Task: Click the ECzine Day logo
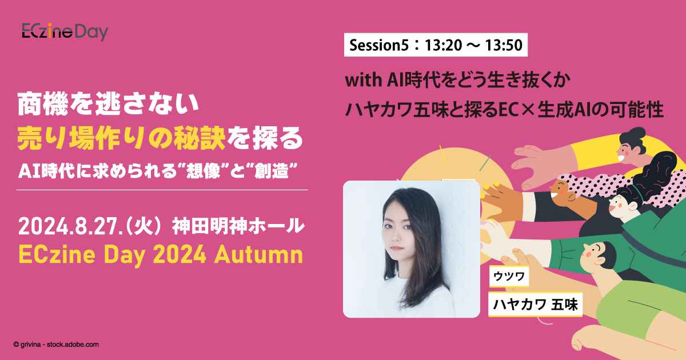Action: [65, 32]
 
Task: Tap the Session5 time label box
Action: [435, 46]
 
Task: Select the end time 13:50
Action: [505, 46]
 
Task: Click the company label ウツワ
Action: [509, 278]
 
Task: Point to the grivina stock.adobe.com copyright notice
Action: [56, 345]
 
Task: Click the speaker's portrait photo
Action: [411, 249]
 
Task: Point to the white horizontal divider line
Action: [162, 190]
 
